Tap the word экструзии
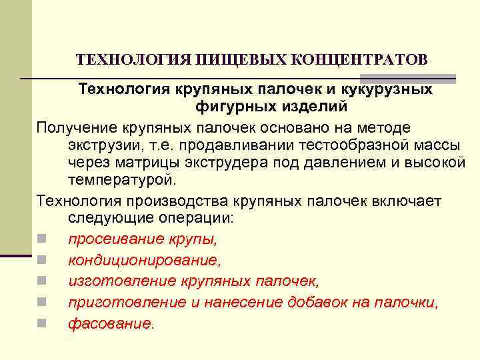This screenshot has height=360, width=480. point(97,145)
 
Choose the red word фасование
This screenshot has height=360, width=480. point(109,323)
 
